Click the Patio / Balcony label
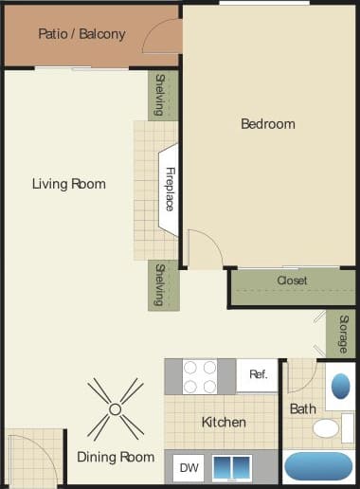tap(81, 34)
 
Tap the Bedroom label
tap(267, 123)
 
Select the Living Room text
tap(68, 184)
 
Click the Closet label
tap(292, 281)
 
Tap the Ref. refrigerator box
tap(258, 374)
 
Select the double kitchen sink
tap(232, 467)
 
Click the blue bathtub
tap(317, 467)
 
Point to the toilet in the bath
tap(326, 428)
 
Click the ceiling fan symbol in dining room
tap(116, 408)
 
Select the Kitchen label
tap(224, 422)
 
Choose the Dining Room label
tap(116, 457)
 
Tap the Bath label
tap(302, 408)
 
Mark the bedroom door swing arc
tap(207, 248)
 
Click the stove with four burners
tap(200, 376)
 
